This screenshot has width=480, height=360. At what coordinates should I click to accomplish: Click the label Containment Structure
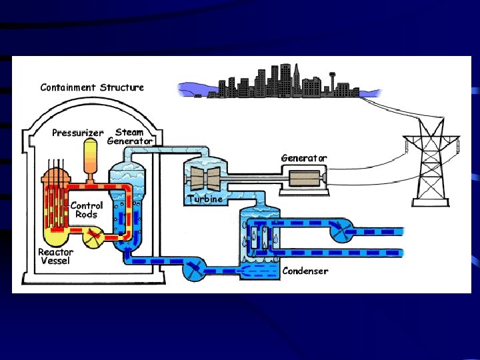[92, 87]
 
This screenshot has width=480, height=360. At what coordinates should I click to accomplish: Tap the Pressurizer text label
[77, 133]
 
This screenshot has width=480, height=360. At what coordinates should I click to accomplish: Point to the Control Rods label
[86, 210]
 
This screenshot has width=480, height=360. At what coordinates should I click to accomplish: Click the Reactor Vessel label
[56, 256]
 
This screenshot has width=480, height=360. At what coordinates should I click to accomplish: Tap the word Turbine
[205, 199]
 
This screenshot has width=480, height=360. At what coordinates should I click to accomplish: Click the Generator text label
[304, 158]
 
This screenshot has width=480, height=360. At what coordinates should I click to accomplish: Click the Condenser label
[305, 271]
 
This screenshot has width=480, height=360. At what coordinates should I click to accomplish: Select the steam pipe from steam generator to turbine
[167, 150]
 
